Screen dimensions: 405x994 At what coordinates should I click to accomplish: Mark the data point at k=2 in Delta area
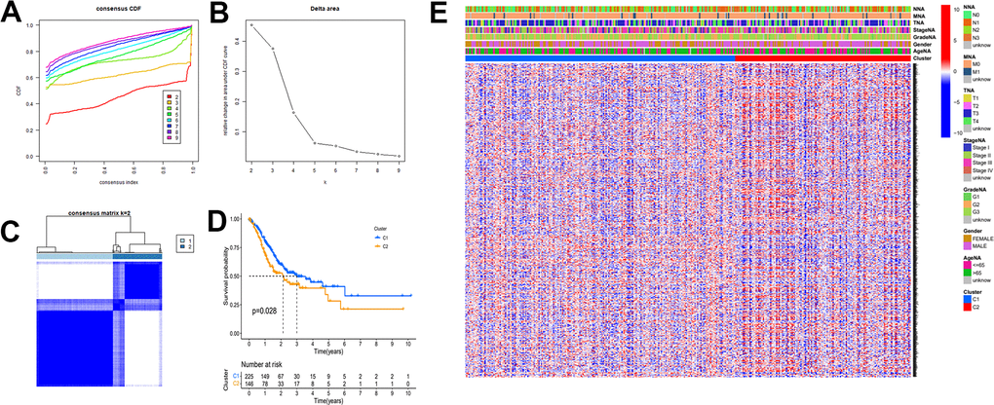coord(250,25)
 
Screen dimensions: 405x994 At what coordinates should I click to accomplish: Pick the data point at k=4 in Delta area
coord(293,113)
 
